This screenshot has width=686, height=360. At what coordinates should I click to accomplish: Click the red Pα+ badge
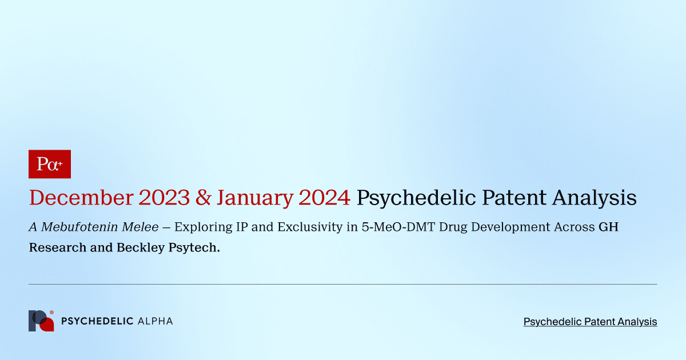[x=50, y=164]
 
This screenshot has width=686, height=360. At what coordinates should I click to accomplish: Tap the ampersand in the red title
[x=204, y=198]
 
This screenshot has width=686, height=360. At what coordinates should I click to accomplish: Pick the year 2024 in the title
[x=325, y=198]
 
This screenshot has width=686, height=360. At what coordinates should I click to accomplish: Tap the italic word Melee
[x=139, y=227]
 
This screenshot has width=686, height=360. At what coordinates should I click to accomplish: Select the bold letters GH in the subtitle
[x=608, y=227]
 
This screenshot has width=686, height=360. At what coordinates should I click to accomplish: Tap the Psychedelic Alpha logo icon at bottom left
[x=41, y=321]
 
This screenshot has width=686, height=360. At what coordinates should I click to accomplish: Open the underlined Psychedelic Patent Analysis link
[x=590, y=322]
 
